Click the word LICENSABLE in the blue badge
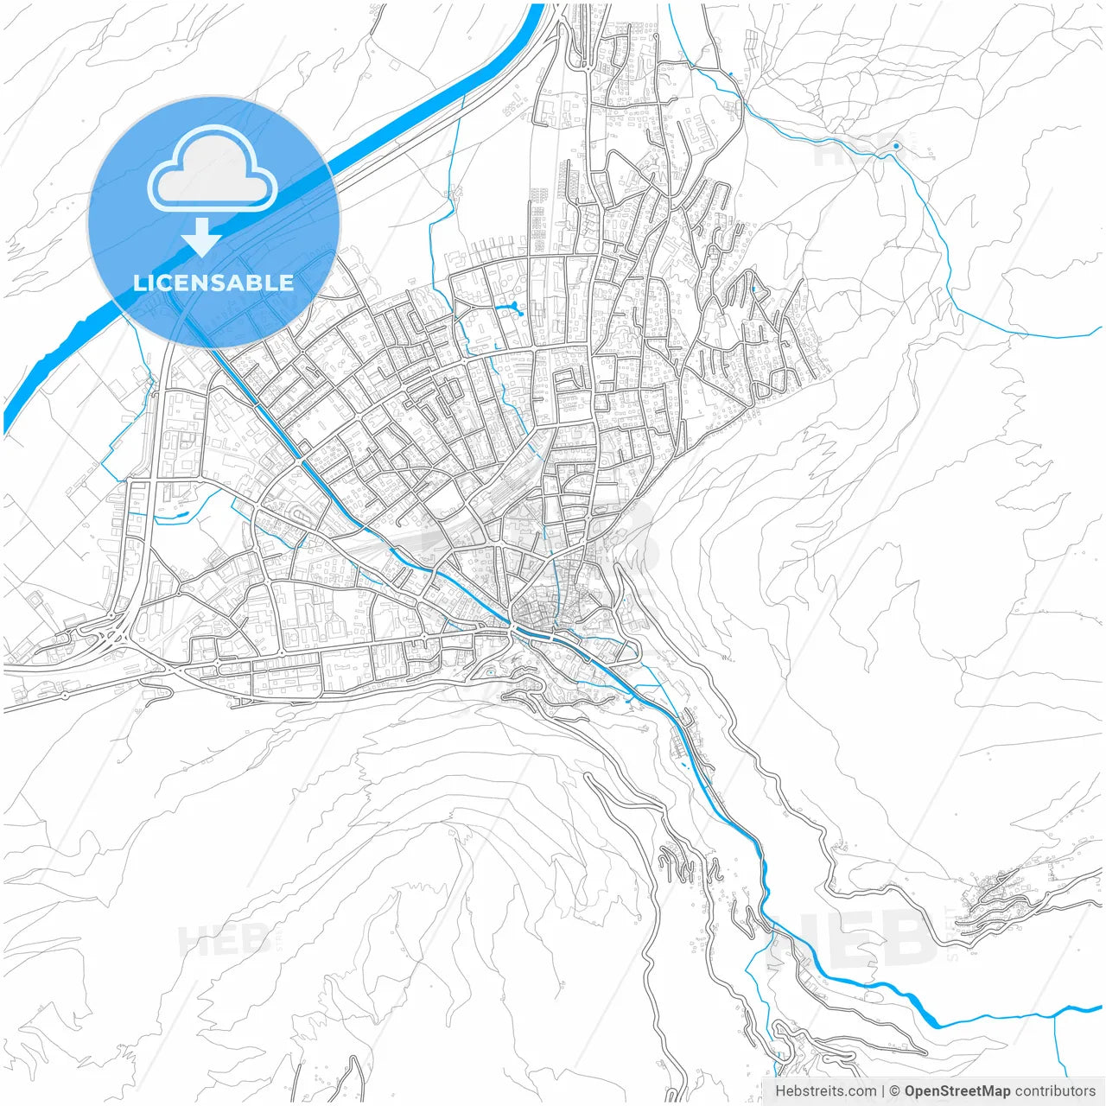tap(213, 283)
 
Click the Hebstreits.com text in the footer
tap(825, 1091)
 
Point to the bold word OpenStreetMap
tap(957, 1091)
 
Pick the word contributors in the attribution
tap(1055, 1091)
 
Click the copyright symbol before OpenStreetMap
tap(895, 1091)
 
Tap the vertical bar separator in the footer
tap(882, 1091)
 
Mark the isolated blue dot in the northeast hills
tap(896, 146)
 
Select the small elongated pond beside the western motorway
tap(181, 517)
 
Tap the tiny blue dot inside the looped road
tap(490, 673)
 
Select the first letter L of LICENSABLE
tap(139, 283)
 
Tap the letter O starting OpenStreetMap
tap(910, 1091)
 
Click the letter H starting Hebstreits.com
tap(780, 1091)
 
